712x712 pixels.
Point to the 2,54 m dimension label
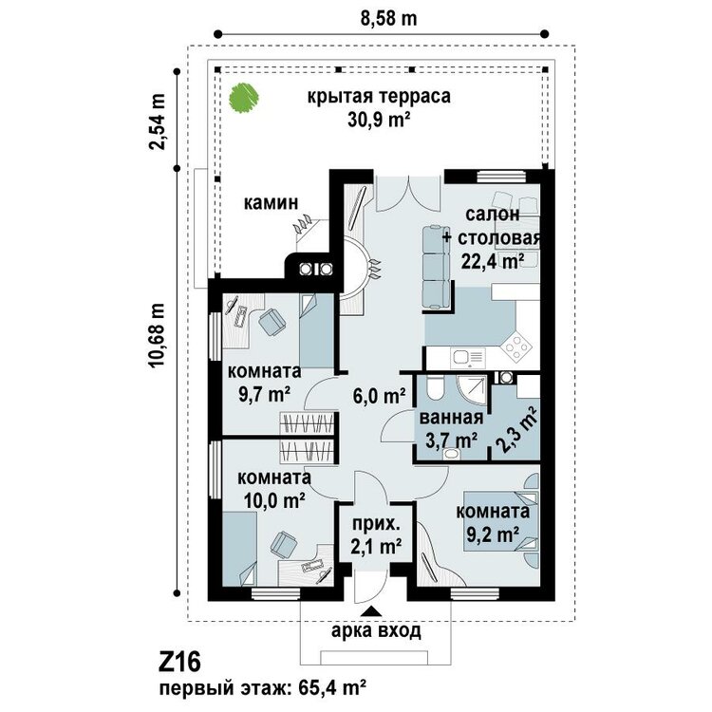158,122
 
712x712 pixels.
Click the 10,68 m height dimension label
156,335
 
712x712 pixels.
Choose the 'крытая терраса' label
379,96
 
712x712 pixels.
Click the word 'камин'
272,202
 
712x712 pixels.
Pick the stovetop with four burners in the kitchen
517,347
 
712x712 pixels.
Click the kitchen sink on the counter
468,357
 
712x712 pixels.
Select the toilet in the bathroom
435,388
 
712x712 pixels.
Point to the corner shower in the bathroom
472,390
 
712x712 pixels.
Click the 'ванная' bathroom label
450,418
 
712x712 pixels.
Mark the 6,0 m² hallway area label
379,396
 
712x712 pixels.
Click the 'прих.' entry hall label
377,525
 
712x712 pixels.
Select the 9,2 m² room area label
493,534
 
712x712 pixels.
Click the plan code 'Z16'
179,662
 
